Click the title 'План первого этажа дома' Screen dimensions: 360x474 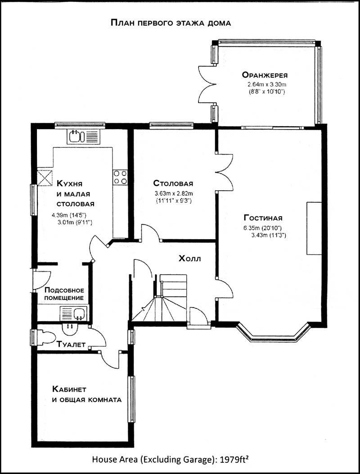[171, 22]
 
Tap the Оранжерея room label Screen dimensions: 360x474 [265, 75]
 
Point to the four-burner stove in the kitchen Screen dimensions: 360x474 [120, 177]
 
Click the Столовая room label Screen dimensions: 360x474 [173, 183]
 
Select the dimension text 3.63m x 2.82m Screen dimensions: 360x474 [174, 193]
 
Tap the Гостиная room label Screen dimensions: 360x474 [263, 218]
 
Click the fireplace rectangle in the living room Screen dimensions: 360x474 [314, 228]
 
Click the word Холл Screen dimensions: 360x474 [190, 259]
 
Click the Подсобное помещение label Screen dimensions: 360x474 [64, 294]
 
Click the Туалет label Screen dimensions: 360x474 [71, 344]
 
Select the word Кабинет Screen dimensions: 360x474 [69, 389]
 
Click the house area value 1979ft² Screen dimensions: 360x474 [234, 460]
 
